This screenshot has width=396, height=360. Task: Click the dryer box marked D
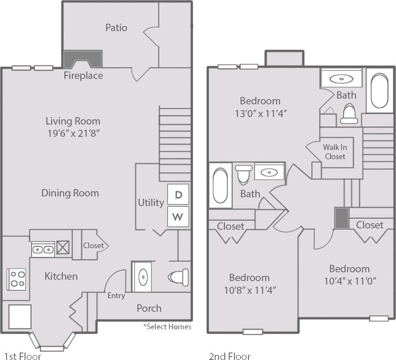coord(178,194)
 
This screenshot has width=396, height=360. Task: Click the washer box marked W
coord(178,217)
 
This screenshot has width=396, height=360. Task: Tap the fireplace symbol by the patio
coord(83,59)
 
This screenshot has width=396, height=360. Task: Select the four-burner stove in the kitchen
coord(16,278)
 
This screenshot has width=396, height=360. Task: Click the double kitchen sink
coord(43,250)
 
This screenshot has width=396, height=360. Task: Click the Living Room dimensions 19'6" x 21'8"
coord(73,133)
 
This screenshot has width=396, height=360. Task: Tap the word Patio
coord(116,28)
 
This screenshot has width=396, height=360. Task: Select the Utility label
coord(151,203)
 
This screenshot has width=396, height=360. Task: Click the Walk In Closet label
coord(335,152)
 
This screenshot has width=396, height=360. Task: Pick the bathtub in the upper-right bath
coord(380,91)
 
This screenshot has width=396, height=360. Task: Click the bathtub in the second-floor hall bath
coord(220,185)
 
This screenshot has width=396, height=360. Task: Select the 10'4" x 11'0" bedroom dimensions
coord(349,281)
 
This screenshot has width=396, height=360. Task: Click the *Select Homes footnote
coord(167,327)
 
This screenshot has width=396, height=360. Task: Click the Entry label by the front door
coord(116,296)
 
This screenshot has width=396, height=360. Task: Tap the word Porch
coord(149,308)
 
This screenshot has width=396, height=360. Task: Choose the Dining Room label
coord(70,193)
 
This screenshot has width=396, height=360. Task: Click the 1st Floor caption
coord(22,356)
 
